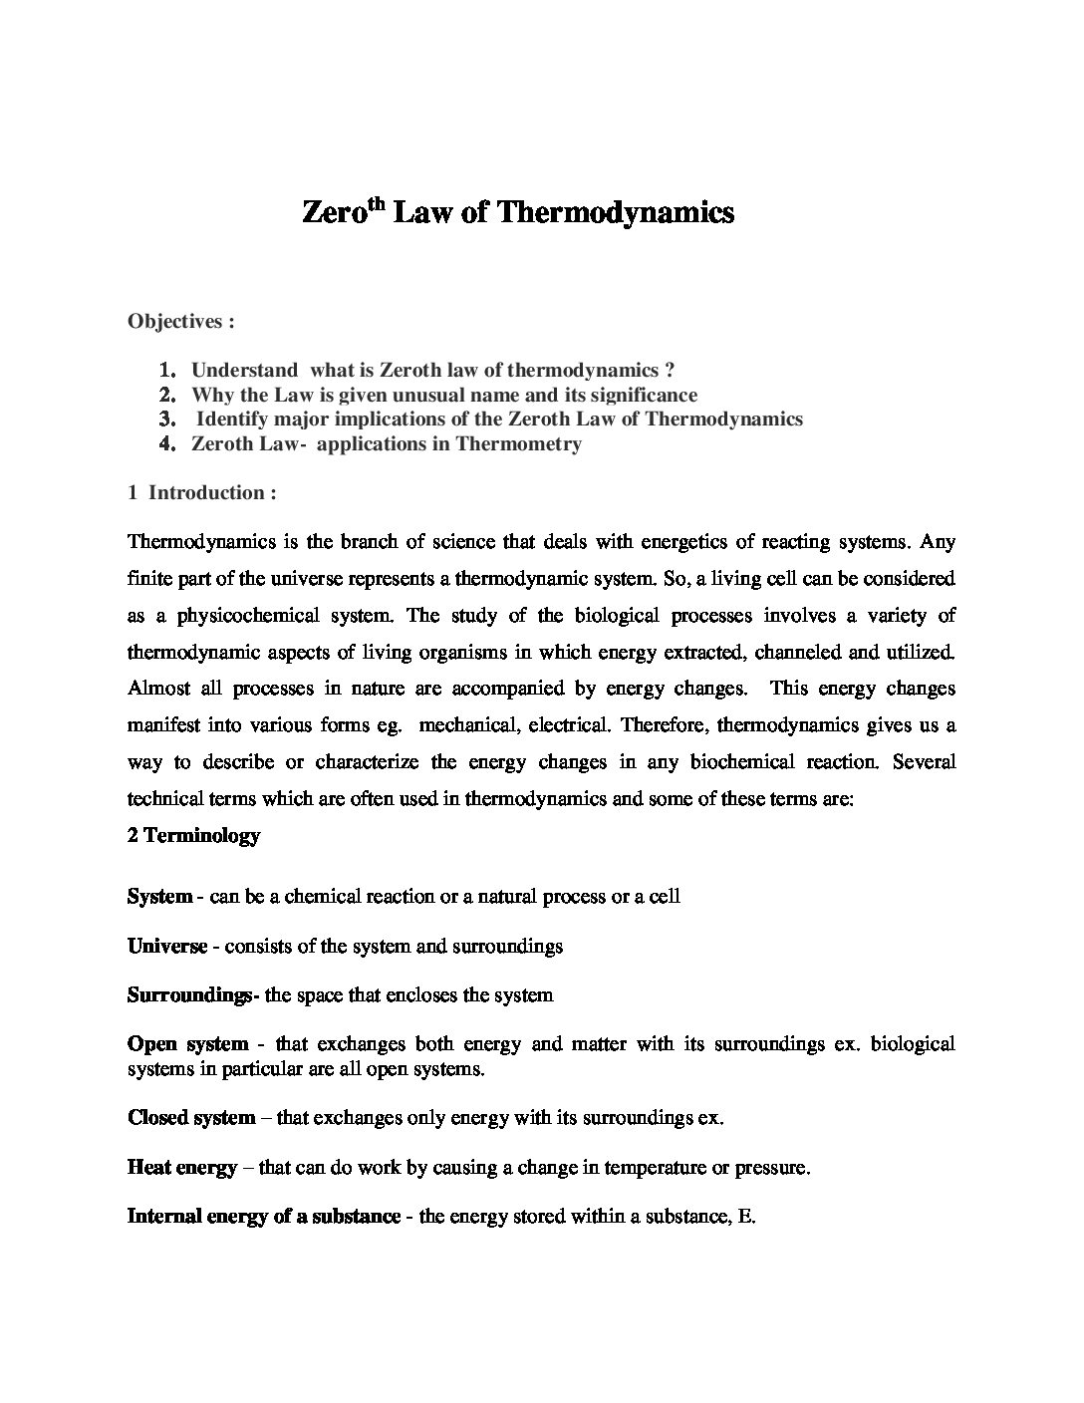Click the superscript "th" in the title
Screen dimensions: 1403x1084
[372, 204]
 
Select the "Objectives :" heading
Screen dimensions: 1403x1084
[181, 321]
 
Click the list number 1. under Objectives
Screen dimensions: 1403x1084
[167, 370]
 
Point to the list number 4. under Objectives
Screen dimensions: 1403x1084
[167, 444]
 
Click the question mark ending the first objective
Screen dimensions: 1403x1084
[670, 370]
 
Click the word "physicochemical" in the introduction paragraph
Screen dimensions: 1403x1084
[246, 615]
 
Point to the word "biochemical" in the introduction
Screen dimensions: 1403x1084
[745, 762]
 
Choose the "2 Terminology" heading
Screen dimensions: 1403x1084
[193, 836]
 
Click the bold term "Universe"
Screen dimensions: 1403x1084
[167, 946]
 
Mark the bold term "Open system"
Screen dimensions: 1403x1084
[187, 1044]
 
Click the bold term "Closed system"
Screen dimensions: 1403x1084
[191, 1117]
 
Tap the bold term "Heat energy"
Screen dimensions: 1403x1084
[182, 1167]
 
